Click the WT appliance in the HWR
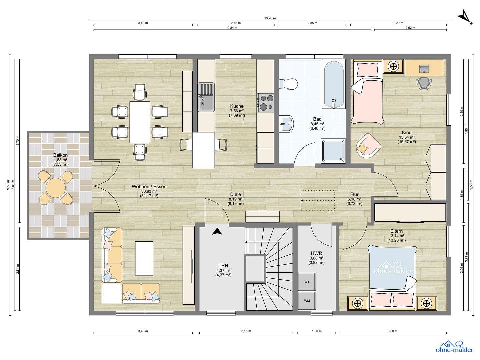[x=307, y=282]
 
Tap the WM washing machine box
[x=307, y=301]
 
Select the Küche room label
[x=237, y=106]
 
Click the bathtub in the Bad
[x=333, y=84]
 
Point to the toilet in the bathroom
[x=289, y=84]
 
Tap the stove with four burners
[x=266, y=102]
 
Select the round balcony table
[x=56, y=188]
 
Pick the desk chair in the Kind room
[x=424, y=83]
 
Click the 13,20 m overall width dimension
[x=270, y=18]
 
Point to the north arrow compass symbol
[x=465, y=17]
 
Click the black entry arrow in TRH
[x=217, y=231]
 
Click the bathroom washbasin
[x=286, y=124]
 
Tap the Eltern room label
[x=396, y=231]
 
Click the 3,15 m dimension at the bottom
[x=246, y=331]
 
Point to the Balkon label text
[x=60, y=155]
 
